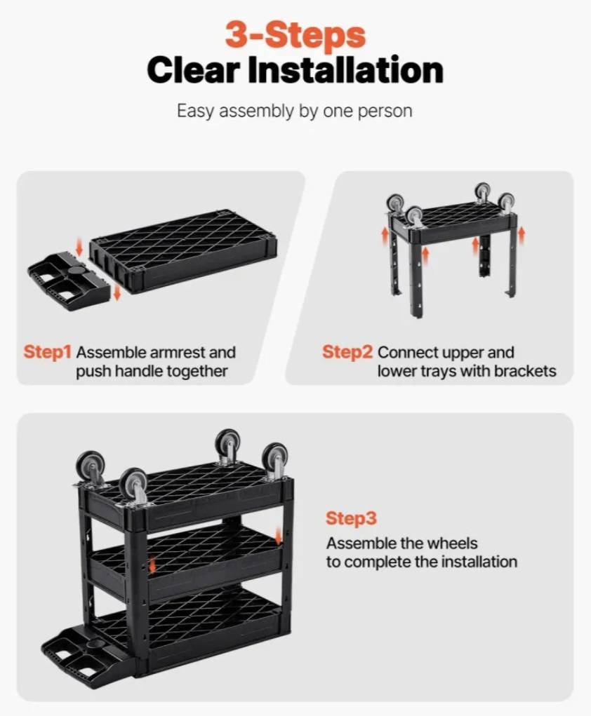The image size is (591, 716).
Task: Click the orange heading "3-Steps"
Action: (x=295, y=35)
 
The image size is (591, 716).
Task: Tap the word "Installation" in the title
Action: (x=345, y=70)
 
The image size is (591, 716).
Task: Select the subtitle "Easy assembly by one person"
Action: (x=295, y=112)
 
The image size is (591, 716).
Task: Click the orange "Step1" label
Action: (x=48, y=352)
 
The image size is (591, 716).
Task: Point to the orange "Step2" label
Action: (x=347, y=352)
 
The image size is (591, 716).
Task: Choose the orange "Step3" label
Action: (x=351, y=518)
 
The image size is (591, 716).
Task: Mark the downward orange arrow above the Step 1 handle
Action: (x=79, y=247)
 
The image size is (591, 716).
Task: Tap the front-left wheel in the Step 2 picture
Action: (x=415, y=217)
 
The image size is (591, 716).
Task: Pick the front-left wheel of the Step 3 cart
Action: (x=133, y=484)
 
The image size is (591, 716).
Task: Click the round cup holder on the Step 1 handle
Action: (x=76, y=271)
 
